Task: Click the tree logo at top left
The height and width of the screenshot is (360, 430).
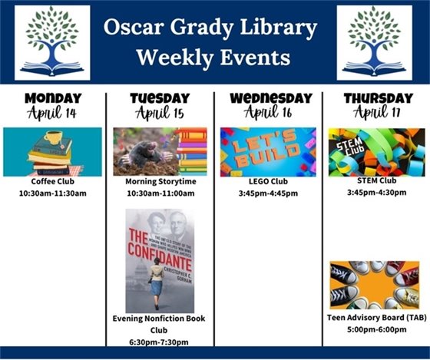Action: point(52,42)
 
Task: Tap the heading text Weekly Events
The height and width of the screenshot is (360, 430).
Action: point(211,58)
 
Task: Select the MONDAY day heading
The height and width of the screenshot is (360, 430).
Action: point(53,98)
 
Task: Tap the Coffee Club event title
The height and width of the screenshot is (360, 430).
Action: point(52,182)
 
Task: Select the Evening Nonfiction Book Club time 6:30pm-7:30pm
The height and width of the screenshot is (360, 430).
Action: point(160,342)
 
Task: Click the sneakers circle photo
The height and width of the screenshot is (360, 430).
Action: point(374,284)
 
